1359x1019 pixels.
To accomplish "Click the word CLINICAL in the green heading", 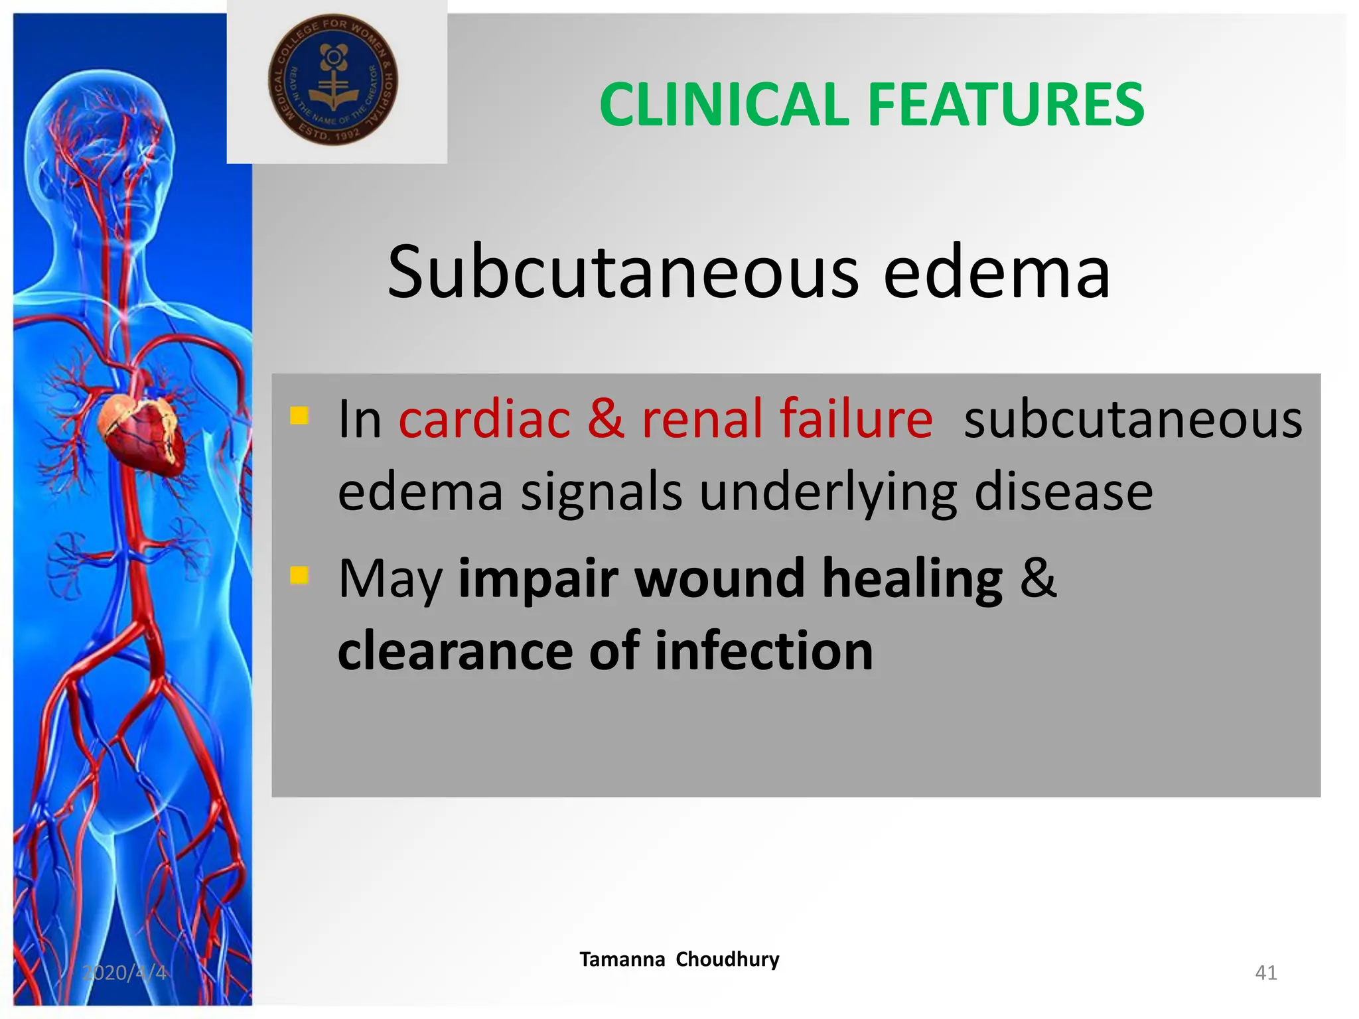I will coord(724,104).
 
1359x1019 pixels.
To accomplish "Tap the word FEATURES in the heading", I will coord(1005,104).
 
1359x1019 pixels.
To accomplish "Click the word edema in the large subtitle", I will coord(996,271).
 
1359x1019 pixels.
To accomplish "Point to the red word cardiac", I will coord(484,419).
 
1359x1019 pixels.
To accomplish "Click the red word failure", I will coord(856,419).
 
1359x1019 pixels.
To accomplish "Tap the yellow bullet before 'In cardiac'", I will coord(299,416).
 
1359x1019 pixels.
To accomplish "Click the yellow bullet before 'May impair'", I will coord(299,575).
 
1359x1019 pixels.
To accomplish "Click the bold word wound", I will coord(719,578).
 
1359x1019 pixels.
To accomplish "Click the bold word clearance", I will coord(455,651).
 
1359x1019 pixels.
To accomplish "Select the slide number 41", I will coord(1265,973).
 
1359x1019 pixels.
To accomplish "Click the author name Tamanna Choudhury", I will coord(679,959).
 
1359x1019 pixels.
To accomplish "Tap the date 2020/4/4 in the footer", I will coord(124,973).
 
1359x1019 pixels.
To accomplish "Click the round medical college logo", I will coord(333,80).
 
